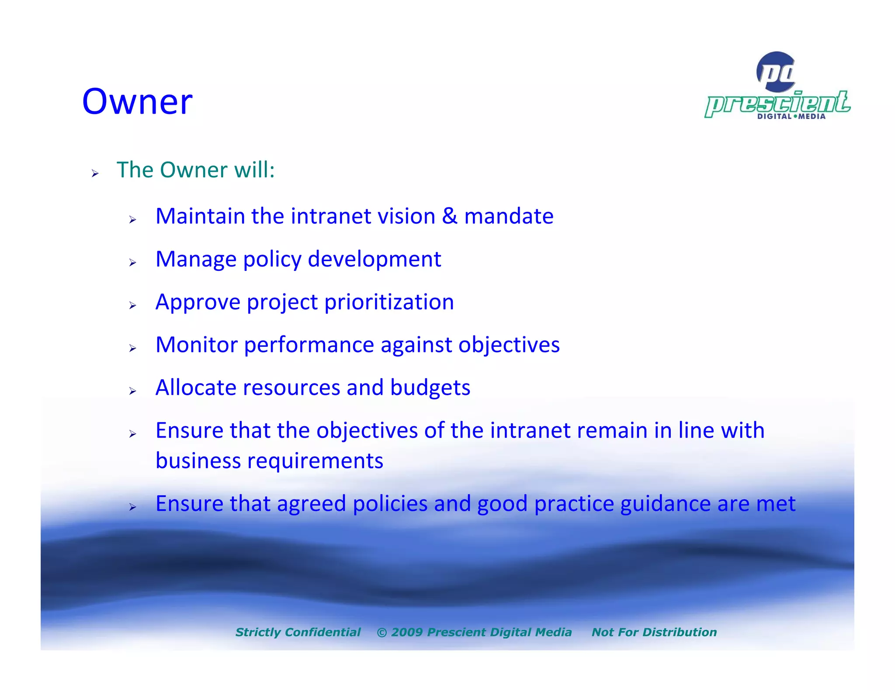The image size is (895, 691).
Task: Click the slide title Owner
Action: (137, 101)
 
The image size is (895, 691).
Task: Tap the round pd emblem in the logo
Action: (776, 72)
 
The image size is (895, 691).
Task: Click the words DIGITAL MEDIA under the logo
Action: (791, 117)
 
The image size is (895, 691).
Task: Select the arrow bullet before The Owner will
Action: (95, 174)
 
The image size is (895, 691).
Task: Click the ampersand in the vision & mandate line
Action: (449, 216)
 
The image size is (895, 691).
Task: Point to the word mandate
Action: (509, 216)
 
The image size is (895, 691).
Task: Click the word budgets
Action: (430, 388)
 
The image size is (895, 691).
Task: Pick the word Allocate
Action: (196, 388)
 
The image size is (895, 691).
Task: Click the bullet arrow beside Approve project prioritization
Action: (133, 306)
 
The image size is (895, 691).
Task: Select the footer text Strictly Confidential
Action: (298, 632)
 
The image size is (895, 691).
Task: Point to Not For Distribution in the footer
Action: (654, 632)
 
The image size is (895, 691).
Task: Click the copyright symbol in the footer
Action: (382, 632)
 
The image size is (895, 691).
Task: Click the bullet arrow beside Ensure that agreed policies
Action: (133, 507)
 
